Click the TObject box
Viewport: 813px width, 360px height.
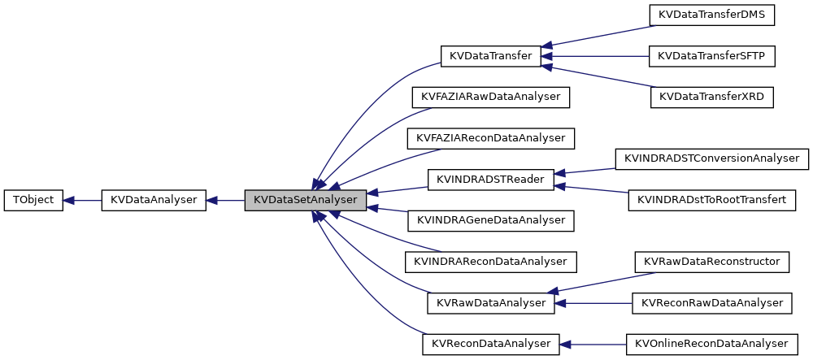(33, 200)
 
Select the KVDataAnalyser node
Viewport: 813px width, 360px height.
(154, 200)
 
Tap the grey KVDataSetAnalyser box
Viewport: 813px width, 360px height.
(305, 200)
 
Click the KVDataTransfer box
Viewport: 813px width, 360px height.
(490, 56)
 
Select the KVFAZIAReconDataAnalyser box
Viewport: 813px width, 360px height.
(491, 138)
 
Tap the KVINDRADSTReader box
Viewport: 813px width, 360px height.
(490, 180)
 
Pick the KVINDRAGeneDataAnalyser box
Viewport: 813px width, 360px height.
(491, 220)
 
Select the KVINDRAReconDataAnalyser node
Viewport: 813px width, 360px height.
(491, 262)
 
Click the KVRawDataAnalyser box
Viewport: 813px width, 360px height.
(490, 303)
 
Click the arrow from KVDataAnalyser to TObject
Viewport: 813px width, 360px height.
(82, 200)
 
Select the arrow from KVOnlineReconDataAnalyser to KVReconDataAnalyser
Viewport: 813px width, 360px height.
(593, 344)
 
